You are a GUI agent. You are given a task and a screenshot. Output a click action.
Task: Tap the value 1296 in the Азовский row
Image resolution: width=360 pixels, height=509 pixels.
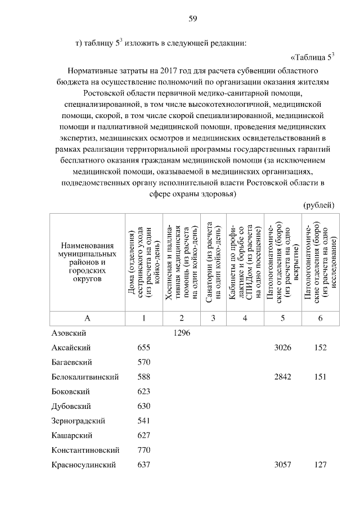pyautogui.click(x=182, y=333)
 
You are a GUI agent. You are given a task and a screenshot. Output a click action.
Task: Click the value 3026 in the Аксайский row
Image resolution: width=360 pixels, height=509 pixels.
pyautogui.click(x=282, y=348)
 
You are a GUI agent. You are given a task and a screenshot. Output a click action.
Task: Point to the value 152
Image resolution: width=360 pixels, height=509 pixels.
pyautogui.click(x=321, y=348)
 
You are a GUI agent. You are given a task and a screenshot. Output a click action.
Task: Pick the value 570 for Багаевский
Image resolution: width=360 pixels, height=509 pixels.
pyautogui.click(x=144, y=362)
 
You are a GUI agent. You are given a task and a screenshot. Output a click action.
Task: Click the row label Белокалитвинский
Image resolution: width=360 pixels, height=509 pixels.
pyautogui.click(x=85, y=377)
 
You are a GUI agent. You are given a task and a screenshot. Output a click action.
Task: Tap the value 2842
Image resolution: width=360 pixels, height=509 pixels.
pyautogui.click(x=282, y=377)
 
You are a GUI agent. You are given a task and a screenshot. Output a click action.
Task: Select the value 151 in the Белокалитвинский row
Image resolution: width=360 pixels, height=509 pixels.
pyautogui.click(x=321, y=377)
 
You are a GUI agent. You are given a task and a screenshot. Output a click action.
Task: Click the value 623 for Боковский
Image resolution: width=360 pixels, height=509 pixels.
pyautogui.click(x=144, y=391)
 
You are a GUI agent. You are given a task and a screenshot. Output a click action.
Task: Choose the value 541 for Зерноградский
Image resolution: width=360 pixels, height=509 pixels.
pyautogui.click(x=144, y=421)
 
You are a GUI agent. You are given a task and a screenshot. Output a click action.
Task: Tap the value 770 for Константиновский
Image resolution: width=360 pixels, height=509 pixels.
pyautogui.click(x=144, y=450)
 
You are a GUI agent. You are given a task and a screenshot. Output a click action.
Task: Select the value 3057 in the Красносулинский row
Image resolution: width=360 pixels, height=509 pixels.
pyautogui.click(x=282, y=465)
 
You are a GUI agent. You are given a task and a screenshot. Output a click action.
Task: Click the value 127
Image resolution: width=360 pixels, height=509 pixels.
pyautogui.click(x=321, y=465)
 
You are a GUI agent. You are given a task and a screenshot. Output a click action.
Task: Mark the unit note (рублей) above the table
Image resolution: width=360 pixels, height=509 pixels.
pyautogui.click(x=319, y=205)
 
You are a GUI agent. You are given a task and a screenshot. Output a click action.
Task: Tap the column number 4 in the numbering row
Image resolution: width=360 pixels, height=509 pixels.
pyautogui.click(x=245, y=318)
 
